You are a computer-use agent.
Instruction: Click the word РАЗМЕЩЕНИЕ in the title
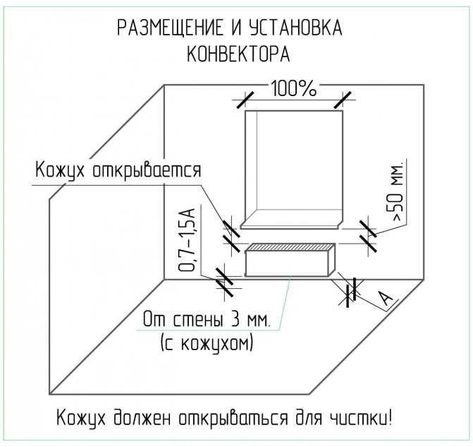(170, 28)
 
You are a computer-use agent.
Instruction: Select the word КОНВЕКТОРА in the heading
(238, 54)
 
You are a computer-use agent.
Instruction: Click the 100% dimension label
(294, 88)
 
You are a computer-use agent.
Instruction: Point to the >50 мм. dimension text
(398, 193)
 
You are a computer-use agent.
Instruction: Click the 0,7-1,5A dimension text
(188, 239)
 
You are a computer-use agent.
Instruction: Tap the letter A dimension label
(386, 299)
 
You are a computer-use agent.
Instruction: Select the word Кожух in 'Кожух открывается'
(60, 171)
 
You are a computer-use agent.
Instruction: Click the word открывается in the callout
(147, 171)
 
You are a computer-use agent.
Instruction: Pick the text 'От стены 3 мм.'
(206, 319)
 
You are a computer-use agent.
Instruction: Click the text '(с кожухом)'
(207, 342)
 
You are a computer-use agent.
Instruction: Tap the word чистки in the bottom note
(360, 419)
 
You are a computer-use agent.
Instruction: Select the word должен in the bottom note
(142, 419)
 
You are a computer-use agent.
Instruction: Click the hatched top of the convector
(290, 247)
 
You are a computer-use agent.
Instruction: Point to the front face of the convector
(287, 263)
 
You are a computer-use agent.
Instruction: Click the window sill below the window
(292, 225)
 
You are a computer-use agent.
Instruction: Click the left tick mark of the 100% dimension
(245, 100)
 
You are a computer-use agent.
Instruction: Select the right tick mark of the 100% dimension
(343, 100)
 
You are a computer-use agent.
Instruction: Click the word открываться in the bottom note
(233, 419)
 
